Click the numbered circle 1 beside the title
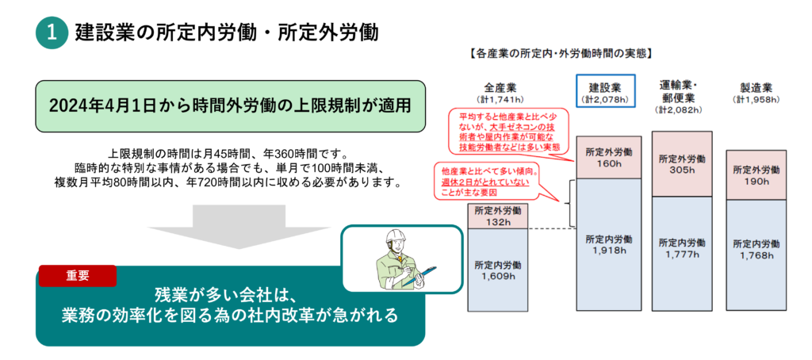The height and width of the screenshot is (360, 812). point(52,33)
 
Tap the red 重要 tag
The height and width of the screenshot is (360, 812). point(78,276)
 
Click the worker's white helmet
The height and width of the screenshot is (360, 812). point(396,236)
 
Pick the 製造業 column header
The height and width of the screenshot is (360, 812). point(756,87)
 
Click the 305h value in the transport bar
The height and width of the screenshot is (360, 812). point(681,170)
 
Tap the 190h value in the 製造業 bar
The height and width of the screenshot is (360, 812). point(756,181)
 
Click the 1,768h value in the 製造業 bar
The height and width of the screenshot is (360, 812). point(756,255)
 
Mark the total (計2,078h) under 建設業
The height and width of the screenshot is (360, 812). point(605,98)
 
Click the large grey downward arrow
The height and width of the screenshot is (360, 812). point(238,228)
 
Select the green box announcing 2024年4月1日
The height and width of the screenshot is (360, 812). point(231,106)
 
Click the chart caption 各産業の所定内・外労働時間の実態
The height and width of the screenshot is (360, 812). point(561,53)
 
